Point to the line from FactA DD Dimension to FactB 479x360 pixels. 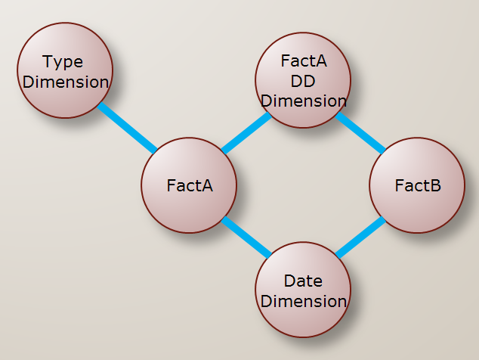click(360, 132)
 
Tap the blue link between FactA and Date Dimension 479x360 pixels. click(246, 237)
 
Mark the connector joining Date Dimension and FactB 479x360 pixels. click(360, 238)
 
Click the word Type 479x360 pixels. click(63, 61)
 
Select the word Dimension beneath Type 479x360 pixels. click(66, 82)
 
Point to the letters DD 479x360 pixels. click(303, 80)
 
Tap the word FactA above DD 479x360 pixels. click(303, 61)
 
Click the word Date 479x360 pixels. click(303, 281)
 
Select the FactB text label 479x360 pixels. click(418, 185)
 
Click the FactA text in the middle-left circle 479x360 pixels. click(190, 185)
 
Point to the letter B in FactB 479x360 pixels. click(435, 185)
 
